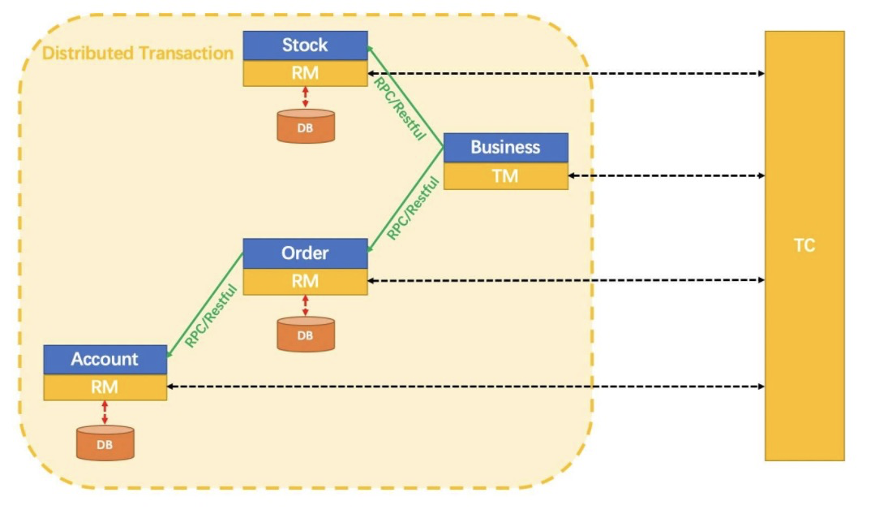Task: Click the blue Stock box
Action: [305, 45]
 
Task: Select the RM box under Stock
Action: [305, 73]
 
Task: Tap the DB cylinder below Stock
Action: [306, 126]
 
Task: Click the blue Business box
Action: [505, 148]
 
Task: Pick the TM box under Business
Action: [505, 176]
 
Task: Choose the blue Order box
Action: [305, 253]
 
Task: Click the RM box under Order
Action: [305, 281]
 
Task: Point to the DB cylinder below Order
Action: [306, 334]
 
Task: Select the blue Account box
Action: [105, 359]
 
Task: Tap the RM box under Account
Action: [105, 387]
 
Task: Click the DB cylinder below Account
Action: [105, 443]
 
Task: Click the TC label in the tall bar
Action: [804, 245]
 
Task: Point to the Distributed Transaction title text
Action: [138, 53]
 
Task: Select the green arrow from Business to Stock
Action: [405, 97]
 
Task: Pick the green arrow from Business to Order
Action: [405, 200]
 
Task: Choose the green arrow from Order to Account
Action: [205, 305]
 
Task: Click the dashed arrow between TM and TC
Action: [667, 176]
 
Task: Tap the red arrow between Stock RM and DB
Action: [305, 97]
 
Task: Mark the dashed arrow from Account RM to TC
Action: [466, 387]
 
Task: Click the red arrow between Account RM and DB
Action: [105, 412]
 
